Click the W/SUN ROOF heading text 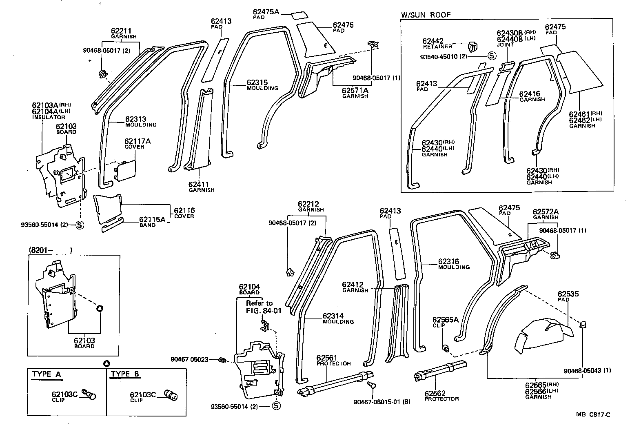point(426,15)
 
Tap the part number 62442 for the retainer point(433,41)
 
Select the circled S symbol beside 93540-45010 point(491,56)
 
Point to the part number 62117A point(137,141)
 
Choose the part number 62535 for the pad point(568,294)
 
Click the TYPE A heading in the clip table point(47,374)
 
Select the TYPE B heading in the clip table point(126,374)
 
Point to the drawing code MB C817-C point(593,414)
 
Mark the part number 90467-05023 point(189,359)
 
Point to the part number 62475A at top point(266,12)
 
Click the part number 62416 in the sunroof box point(529,94)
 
